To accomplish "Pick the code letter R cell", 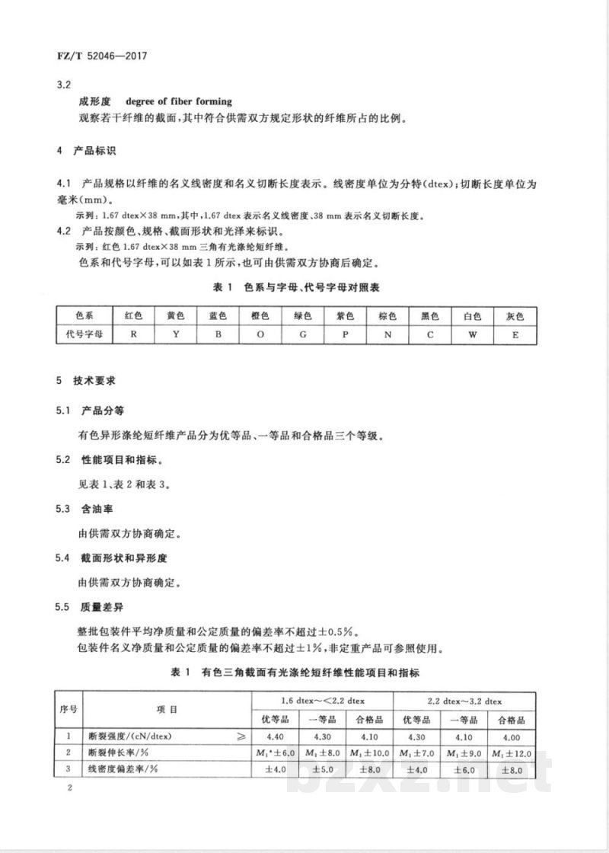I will pyautogui.click(x=133, y=334).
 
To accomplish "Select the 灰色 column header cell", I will pyautogui.click(x=515, y=315).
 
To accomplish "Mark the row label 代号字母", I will pyautogui.click(x=84, y=334).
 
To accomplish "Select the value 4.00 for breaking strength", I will pyautogui.click(x=510, y=737).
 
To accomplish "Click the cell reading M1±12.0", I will pyautogui.click(x=510, y=754).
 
